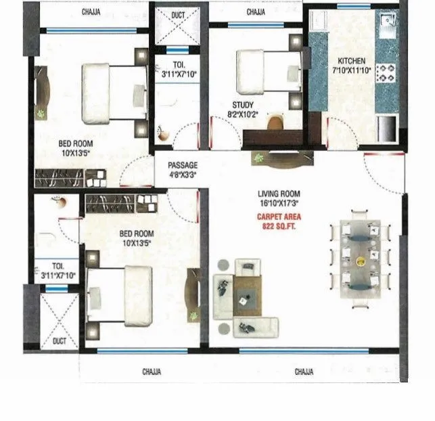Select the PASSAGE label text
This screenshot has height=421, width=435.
click(x=183, y=164)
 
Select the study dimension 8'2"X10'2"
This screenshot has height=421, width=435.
click(x=244, y=115)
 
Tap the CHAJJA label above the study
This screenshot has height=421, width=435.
click(x=256, y=12)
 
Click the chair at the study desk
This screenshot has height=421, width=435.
click(x=275, y=123)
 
